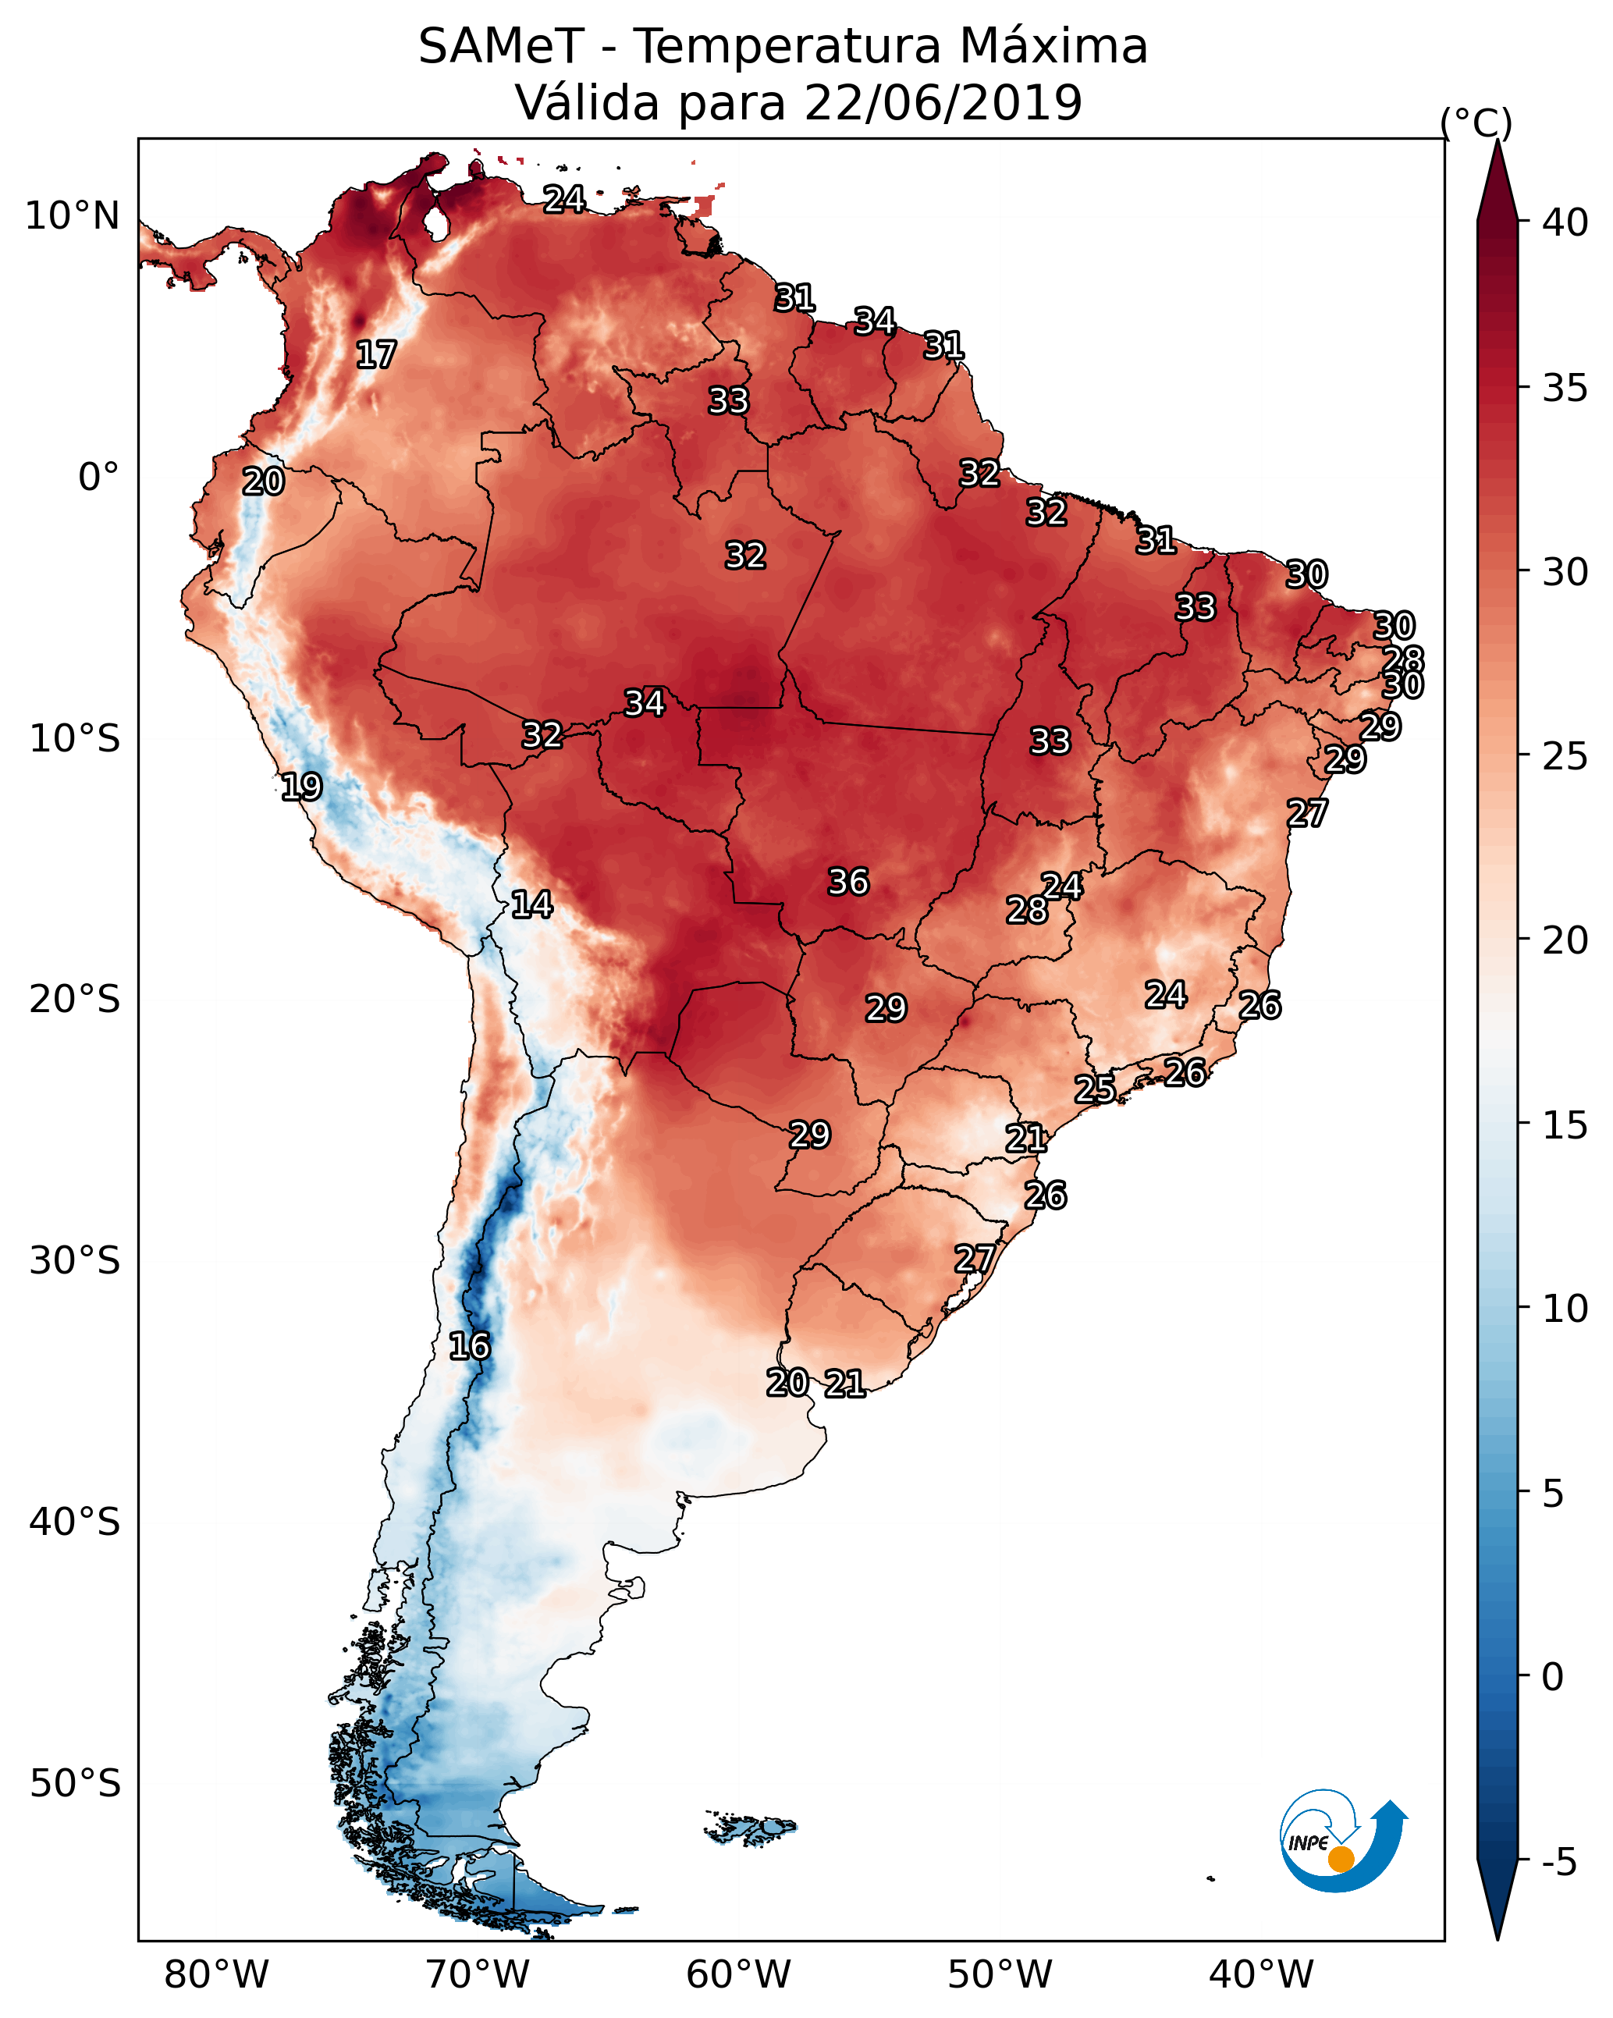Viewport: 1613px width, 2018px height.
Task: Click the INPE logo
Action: click(1341, 1840)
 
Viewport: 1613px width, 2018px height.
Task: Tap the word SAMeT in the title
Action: click(501, 47)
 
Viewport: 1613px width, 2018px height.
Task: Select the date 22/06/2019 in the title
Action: click(942, 102)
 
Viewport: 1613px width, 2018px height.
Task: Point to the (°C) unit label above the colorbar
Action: click(1476, 123)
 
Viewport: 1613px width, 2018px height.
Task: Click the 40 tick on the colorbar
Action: click(1565, 222)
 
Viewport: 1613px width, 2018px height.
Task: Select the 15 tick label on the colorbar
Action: click(1565, 1125)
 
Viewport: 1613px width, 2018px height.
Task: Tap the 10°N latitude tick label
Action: click(72, 216)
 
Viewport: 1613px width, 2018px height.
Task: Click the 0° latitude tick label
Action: click(98, 478)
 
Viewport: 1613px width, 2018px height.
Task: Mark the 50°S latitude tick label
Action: click(75, 1784)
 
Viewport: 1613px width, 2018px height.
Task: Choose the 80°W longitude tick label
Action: click(216, 1975)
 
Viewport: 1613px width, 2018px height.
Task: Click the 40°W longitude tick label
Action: click(1261, 1975)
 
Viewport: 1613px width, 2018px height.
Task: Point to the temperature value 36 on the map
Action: click(848, 882)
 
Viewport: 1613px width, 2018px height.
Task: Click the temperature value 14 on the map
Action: click(531, 904)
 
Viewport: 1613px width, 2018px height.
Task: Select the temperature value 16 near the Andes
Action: click(469, 1346)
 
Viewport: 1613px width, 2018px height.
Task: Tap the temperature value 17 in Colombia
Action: click(376, 355)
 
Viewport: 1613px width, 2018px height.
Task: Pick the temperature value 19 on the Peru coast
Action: click(301, 787)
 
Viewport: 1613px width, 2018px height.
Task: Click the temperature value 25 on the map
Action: click(1094, 1089)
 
